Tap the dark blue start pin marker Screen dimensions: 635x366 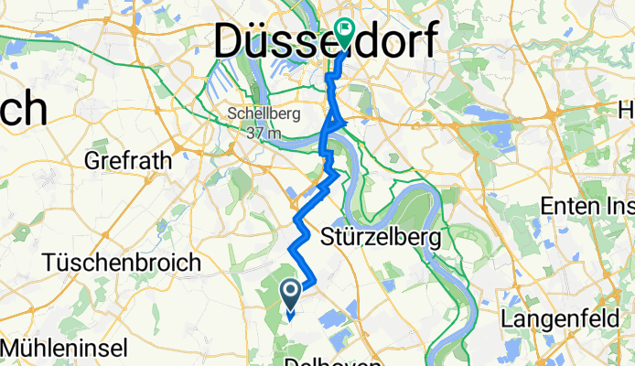pyautogui.click(x=291, y=294)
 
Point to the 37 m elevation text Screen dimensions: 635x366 pyautogui.click(x=262, y=131)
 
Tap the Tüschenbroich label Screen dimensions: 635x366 pyautogui.click(x=122, y=263)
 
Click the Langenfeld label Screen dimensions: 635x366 pyautogui.click(x=557, y=319)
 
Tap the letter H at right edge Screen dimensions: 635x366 pyautogui.click(x=627, y=110)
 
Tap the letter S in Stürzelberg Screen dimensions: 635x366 pyautogui.click(x=332, y=238)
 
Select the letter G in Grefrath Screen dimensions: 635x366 pyautogui.click(x=91, y=161)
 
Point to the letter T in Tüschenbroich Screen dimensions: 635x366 pyautogui.click(x=48, y=263)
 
